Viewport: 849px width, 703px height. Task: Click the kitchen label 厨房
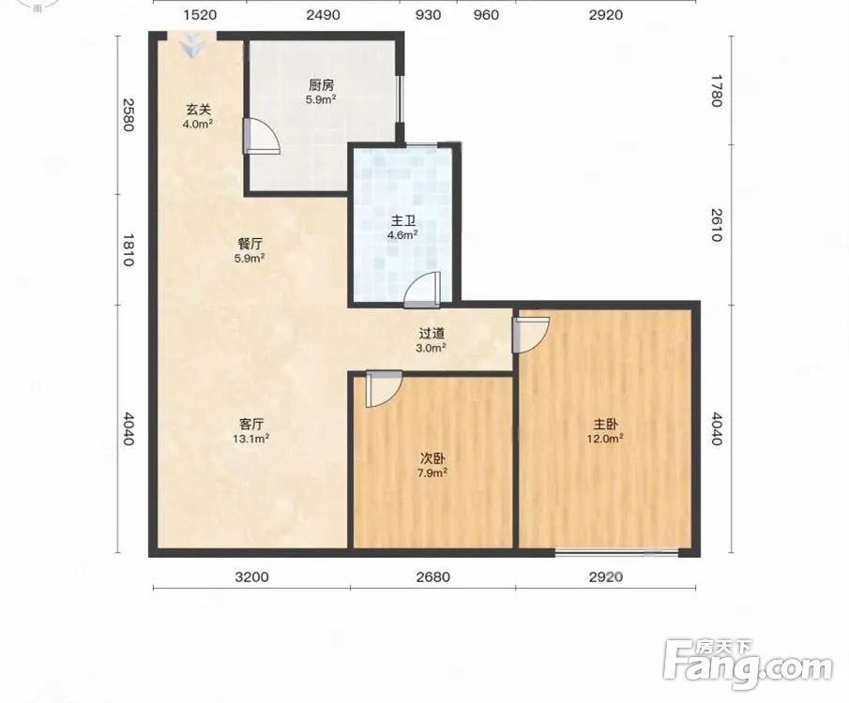(322, 85)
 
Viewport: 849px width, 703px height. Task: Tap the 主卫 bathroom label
(402, 221)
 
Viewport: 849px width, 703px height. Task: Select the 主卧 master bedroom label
(605, 425)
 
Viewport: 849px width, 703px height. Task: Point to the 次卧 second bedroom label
(432, 458)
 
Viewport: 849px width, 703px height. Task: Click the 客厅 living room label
(251, 424)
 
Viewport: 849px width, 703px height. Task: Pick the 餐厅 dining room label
(250, 244)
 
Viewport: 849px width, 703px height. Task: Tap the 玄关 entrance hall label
(198, 110)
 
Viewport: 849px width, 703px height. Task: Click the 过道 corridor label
(432, 334)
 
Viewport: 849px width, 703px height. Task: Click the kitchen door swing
(261, 136)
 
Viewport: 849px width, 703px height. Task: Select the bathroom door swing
(422, 290)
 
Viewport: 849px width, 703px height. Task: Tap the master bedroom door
(531, 335)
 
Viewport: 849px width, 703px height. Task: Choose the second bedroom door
(384, 389)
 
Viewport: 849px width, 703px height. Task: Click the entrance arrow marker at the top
(191, 45)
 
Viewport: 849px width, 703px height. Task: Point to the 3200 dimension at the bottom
(251, 576)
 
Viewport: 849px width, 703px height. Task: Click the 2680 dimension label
(433, 576)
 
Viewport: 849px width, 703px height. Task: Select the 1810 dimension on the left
(128, 250)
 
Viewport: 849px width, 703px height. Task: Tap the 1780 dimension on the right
(717, 91)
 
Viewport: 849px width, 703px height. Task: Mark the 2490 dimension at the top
(324, 15)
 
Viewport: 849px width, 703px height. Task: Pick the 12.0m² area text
(605, 439)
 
